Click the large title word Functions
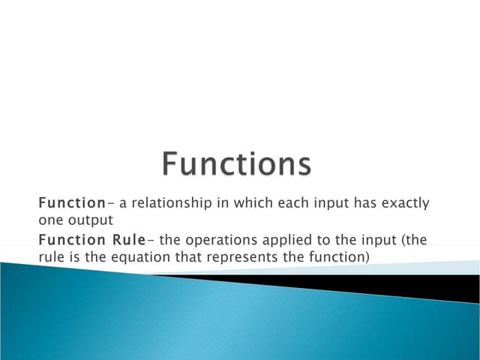[236, 164]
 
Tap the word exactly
[403, 203]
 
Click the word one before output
[49, 220]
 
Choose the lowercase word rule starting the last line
[50, 256]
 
